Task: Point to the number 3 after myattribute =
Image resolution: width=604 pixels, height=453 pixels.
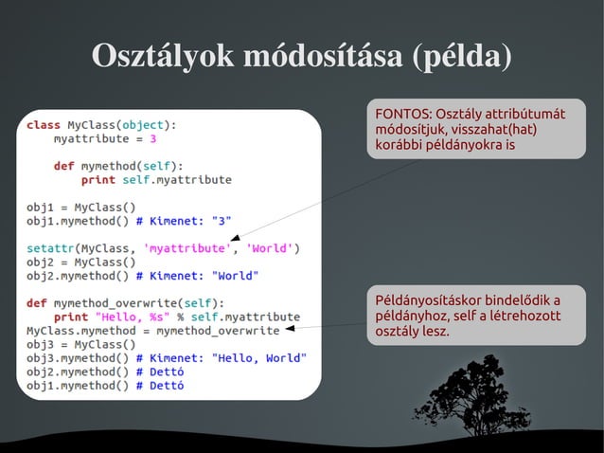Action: click(152, 138)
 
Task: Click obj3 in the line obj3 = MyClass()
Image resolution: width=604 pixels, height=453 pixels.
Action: click(41, 344)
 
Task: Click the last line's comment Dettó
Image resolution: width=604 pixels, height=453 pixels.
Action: click(166, 386)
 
